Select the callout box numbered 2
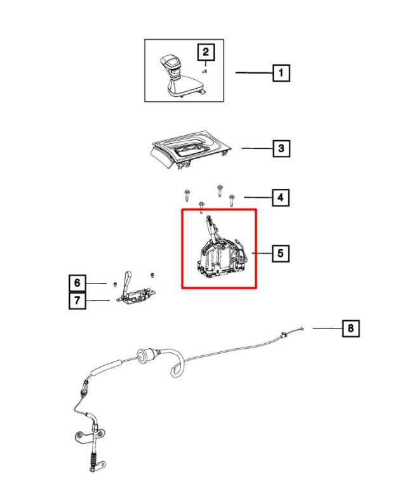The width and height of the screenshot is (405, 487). [x=206, y=52]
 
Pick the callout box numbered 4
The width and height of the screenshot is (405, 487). [x=279, y=198]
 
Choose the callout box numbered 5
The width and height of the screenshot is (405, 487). [x=281, y=254]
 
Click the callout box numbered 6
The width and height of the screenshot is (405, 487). [x=77, y=282]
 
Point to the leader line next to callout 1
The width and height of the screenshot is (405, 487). [x=254, y=73]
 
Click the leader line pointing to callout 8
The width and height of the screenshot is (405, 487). [x=326, y=328]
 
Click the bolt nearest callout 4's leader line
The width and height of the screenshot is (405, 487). [x=232, y=199]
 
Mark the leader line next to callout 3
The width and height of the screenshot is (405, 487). [x=256, y=149]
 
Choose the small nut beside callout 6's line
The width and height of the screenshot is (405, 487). [x=113, y=283]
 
